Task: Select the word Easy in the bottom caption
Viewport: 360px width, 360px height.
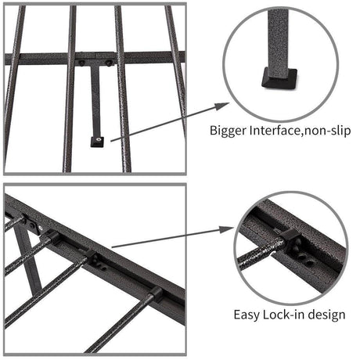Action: pyautogui.click(x=249, y=315)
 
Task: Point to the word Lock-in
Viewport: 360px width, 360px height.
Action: pyautogui.click(x=286, y=315)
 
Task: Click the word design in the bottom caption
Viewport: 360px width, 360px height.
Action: pyautogui.click(x=327, y=315)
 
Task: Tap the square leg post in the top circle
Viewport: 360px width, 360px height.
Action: pyautogui.click(x=279, y=35)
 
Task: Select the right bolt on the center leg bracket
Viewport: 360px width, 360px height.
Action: pyautogui.click(x=110, y=59)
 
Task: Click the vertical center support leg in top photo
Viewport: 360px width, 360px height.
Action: pyautogui.click(x=95, y=102)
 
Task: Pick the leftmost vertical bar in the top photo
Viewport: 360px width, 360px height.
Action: pyautogui.click(x=11, y=86)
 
